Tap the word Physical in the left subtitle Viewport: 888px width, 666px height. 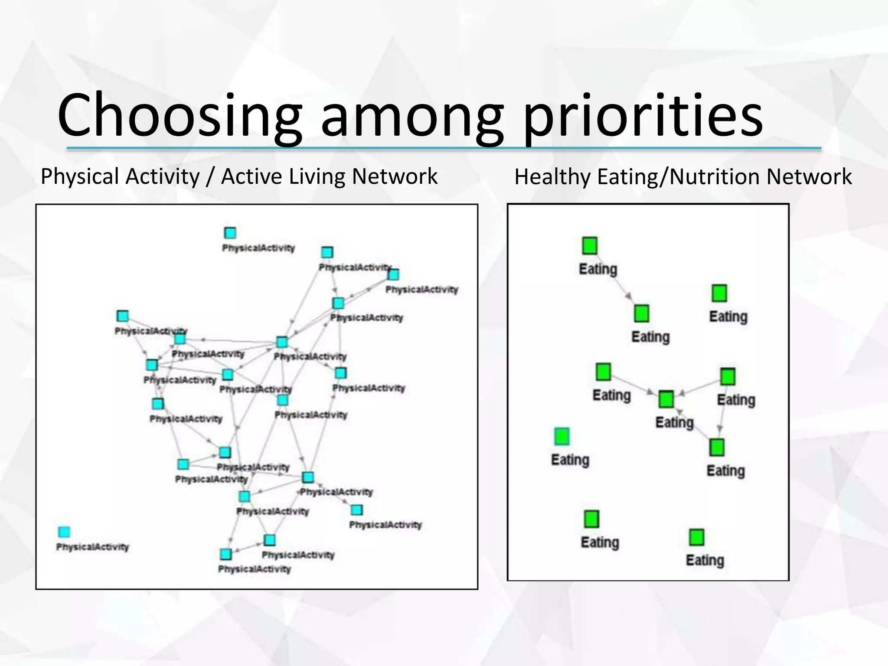(x=79, y=176)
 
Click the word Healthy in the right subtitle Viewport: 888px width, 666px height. (x=552, y=177)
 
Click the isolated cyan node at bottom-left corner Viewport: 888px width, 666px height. (x=64, y=532)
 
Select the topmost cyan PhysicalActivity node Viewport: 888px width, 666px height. (x=230, y=233)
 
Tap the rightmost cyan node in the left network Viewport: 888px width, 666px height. (x=393, y=274)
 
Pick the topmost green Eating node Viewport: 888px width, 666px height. (x=590, y=245)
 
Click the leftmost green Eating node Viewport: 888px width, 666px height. (x=562, y=436)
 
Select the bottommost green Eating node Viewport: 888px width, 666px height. (x=697, y=537)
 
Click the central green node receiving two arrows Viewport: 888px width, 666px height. (x=666, y=399)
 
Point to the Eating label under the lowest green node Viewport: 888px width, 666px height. (x=705, y=560)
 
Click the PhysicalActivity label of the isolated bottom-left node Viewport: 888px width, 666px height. (x=92, y=547)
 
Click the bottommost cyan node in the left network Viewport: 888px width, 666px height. (x=225, y=554)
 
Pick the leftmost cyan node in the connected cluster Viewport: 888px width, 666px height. (x=123, y=316)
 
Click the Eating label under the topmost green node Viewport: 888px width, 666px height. (x=598, y=269)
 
